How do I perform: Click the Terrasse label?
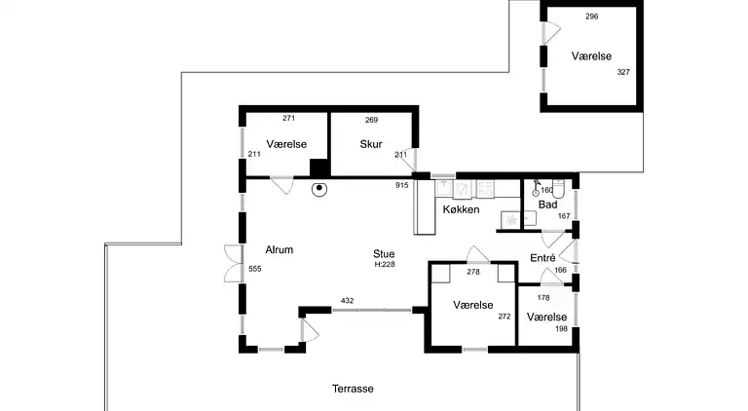tap(353, 389)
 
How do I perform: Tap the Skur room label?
tap(371, 144)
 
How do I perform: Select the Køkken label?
tap(461, 209)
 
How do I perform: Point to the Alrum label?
tap(280, 249)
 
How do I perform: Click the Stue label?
tap(384, 253)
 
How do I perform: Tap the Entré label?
tap(542, 258)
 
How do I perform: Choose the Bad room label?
tap(547, 205)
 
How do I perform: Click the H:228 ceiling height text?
tap(385, 265)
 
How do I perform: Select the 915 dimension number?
tap(401, 185)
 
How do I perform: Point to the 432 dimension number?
tap(348, 300)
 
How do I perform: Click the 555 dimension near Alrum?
tap(255, 269)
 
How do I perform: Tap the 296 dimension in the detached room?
tap(591, 17)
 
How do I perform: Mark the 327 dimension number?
tap(623, 72)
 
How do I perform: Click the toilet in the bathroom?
tap(558, 188)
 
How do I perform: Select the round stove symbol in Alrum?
tap(319, 189)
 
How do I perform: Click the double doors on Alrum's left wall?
tap(234, 263)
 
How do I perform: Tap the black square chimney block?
tap(319, 168)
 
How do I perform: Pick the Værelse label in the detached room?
tap(591, 56)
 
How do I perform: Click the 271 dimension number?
tap(288, 118)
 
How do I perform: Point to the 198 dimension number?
tap(561, 328)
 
